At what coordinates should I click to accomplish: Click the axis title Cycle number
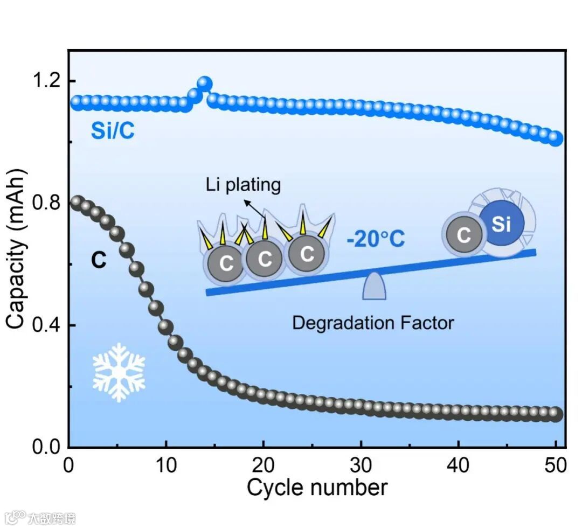[x=317, y=488]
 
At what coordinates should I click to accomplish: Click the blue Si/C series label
[x=113, y=130]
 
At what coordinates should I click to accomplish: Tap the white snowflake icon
[x=119, y=372]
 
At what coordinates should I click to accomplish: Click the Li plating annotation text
[x=243, y=185]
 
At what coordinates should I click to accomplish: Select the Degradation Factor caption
[x=373, y=323]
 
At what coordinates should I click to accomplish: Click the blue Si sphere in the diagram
[x=501, y=224]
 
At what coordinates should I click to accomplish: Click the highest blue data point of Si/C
[x=204, y=83]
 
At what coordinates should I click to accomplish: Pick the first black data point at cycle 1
[x=77, y=203]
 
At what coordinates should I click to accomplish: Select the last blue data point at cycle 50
[x=555, y=138]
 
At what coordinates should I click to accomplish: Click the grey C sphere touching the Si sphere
[x=463, y=235]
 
